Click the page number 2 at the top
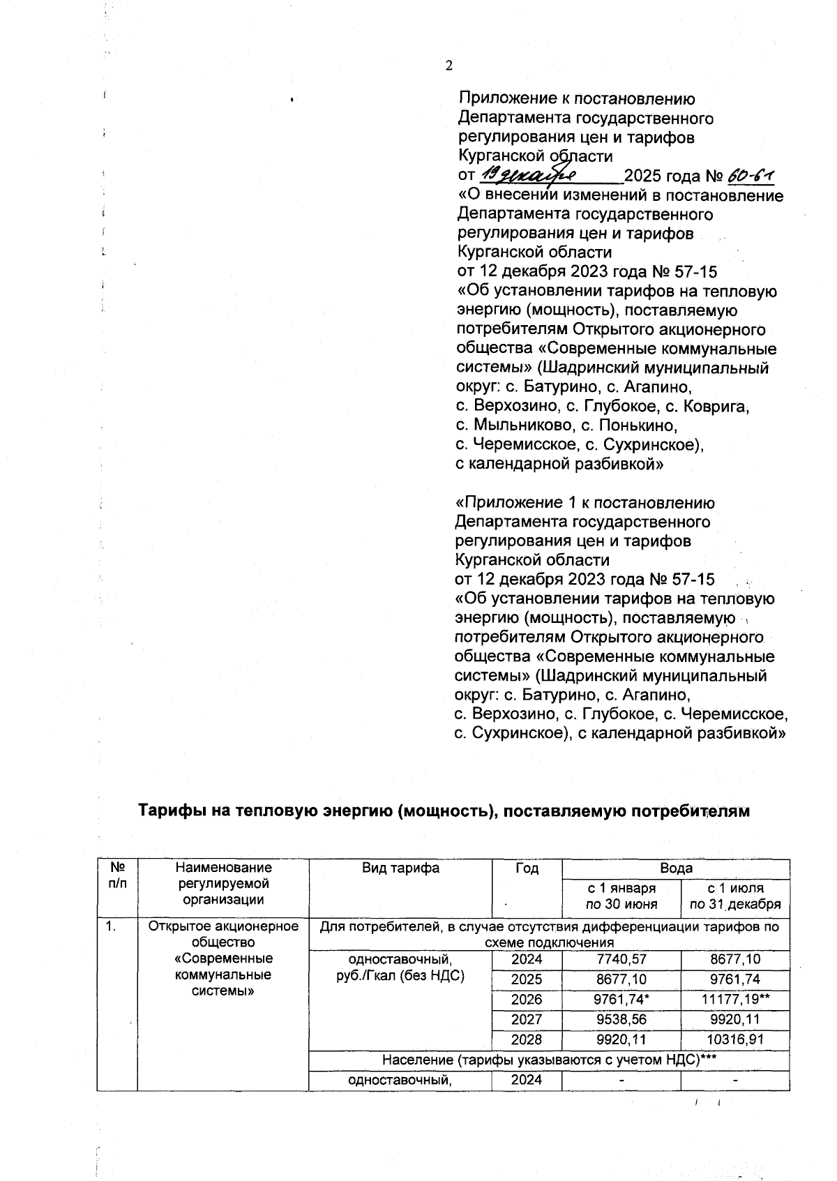tap(448, 66)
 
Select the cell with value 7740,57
tap(620, 959)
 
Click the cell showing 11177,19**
tap(735, 999)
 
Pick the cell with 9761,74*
tap(620, 999)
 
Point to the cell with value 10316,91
tap(735, 1039)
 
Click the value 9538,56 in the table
tap(620, 1019)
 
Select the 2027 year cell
tap(527, 1019)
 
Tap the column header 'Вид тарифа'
tap(400, 868)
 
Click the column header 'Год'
tap(527, 868)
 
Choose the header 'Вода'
tap(676, 868)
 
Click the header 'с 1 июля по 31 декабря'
tap(735, 896)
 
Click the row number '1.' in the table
tap(111, 927)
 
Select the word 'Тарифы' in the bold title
tap(169, 811)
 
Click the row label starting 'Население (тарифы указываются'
tap(550, 1060)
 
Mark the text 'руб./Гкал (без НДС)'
tap(400, 975)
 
